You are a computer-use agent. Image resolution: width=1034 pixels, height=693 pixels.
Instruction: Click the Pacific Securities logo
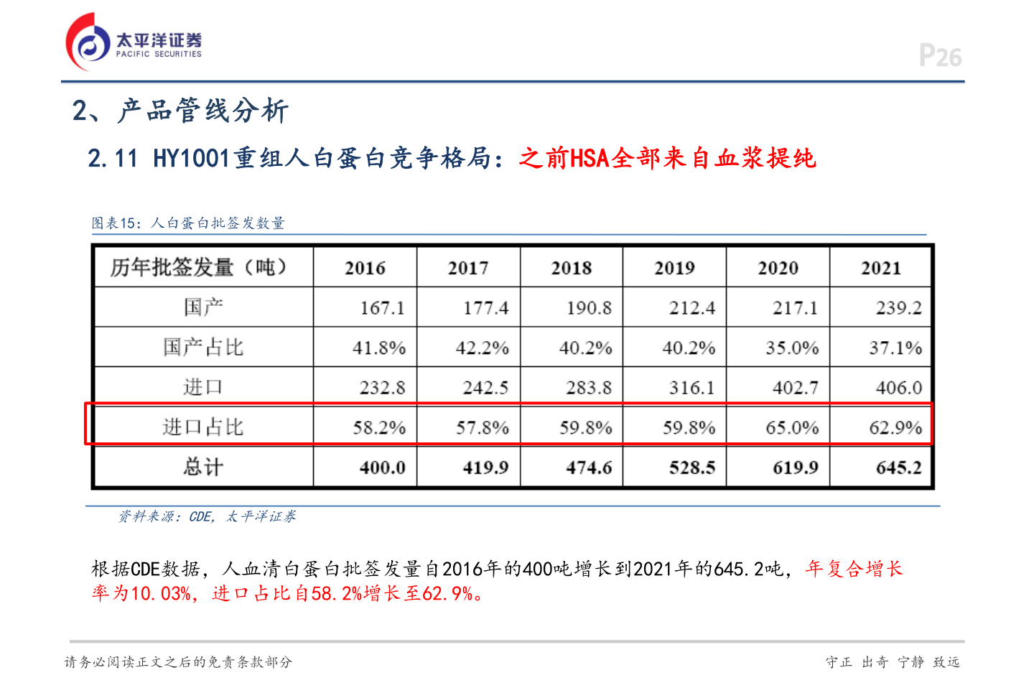tap(134, 42)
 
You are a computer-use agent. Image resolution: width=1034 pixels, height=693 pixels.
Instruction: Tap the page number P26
tap(940, 56)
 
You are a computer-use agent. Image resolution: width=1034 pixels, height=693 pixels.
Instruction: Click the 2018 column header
tap(572, 268)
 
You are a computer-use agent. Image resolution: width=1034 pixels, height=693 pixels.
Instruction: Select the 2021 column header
tap(881, 268)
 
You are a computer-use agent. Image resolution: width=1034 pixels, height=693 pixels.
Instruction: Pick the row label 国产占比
tap(203, 348)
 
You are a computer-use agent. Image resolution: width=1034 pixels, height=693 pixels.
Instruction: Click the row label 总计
tap(203, 468)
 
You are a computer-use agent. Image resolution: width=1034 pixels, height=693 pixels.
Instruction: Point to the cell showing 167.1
tap(382, 308)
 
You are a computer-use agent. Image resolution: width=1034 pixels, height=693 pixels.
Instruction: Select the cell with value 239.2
tap(898, 308)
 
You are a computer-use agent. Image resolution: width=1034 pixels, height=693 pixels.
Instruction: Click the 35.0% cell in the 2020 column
tap(792, 348)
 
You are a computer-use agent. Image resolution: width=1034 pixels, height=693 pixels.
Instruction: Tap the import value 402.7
tap(795, 388)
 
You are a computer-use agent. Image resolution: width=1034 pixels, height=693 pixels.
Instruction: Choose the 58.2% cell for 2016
tap(379, 428)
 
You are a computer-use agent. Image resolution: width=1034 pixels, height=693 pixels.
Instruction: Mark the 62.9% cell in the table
tap(895, 428)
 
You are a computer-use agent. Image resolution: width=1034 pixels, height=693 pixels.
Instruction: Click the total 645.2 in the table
tap(898, 468)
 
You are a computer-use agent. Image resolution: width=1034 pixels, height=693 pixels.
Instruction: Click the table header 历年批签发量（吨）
tap(200, 267)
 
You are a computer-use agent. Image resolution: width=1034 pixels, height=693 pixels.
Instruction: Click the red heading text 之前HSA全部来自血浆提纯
tap(667, 158)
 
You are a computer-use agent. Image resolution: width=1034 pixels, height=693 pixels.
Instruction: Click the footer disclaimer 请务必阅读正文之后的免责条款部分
tap(178, 662)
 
